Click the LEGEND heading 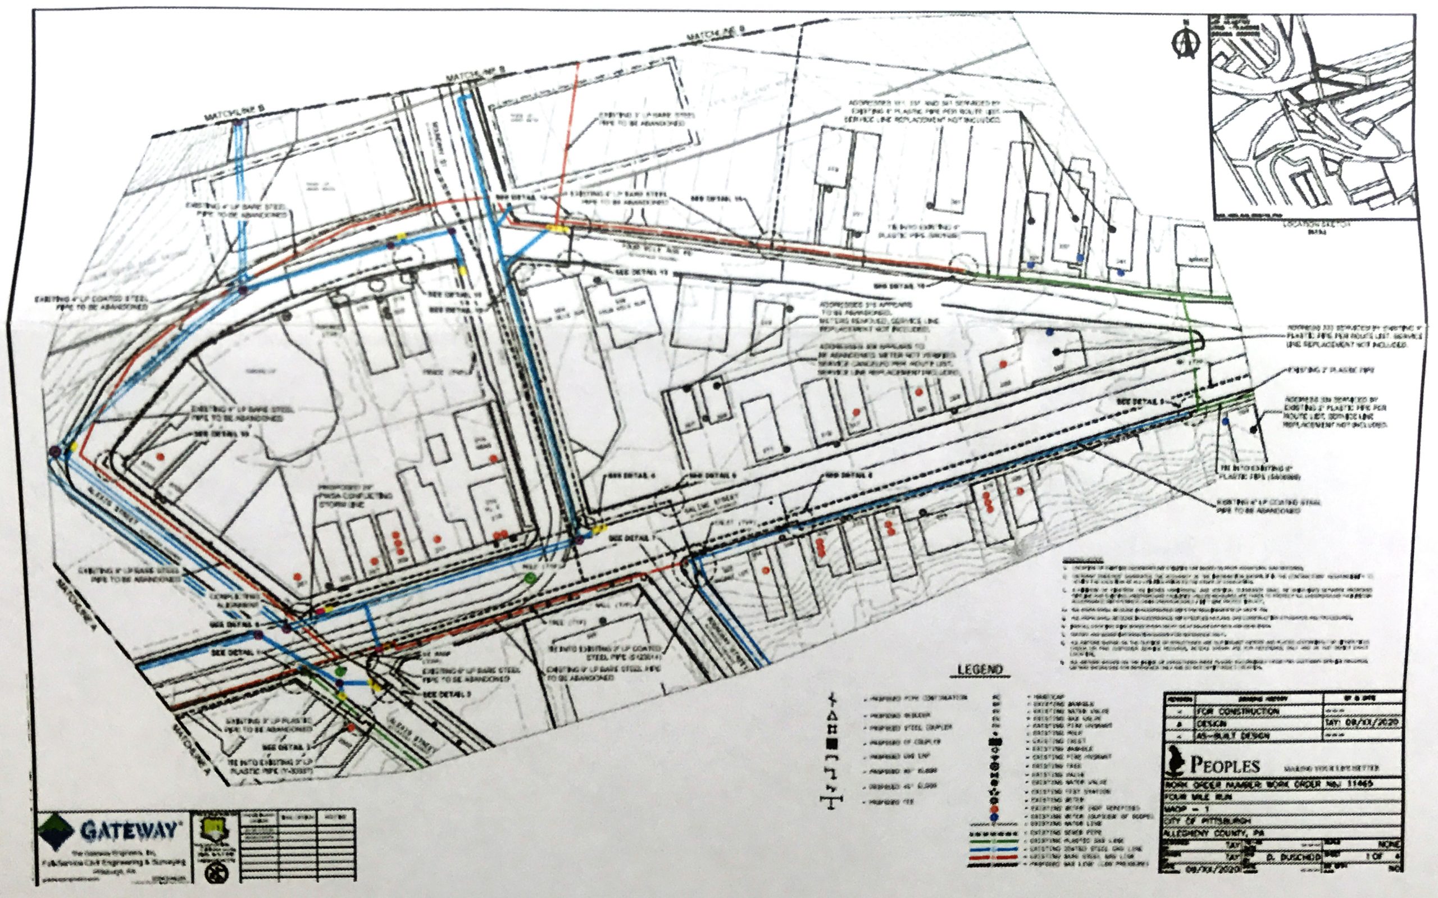click(980, 670)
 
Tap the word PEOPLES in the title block click(1225, 765)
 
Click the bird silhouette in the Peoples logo click(1173, 763)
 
